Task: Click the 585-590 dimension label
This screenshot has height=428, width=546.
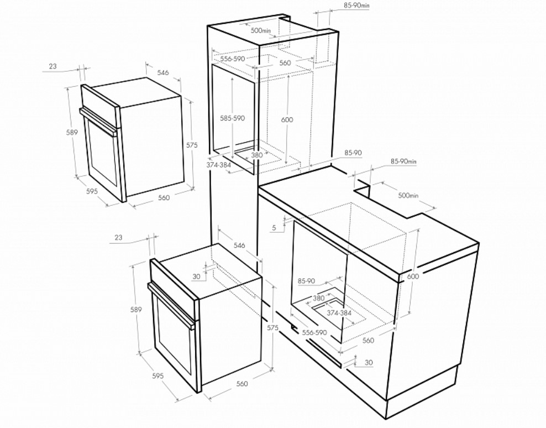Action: coord(232,118)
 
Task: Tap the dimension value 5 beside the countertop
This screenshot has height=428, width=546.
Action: coord(274,228)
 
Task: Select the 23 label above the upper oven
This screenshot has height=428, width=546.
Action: coord(53,66)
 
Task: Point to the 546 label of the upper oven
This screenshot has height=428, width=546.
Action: coord(163,72)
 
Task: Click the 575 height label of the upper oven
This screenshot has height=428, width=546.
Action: coord(192,145)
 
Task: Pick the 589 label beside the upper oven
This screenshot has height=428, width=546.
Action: coord(72,133)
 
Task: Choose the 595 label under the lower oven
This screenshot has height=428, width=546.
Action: coord(158,376)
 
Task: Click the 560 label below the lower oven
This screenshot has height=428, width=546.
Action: coord(242,384)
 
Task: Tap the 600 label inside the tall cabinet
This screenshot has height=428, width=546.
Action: coord(287,120)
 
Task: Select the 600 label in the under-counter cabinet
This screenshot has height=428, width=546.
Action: coord(413,276)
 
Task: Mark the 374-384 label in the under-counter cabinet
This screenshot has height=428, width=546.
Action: coord(339,313)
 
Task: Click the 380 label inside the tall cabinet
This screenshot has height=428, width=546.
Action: coord(256,155)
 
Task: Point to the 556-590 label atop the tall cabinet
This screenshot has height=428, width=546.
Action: coord(233,59)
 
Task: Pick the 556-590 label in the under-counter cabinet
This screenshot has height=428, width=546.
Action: coord(314,332)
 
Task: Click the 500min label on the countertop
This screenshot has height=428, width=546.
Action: coord(408,196)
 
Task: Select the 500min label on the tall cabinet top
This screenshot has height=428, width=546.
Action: coord(261,30)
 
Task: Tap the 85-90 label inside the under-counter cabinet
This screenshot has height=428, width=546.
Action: coord(306,281)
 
